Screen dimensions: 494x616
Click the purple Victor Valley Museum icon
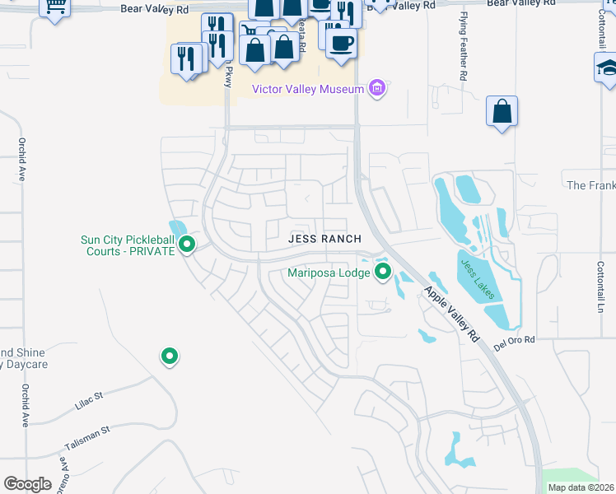(x=378, y=87)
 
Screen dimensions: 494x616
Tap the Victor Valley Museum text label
(x=308, y=89)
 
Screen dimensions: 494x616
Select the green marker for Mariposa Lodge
(x=383, y=271)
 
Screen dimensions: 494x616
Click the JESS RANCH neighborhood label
(x=324, y=239)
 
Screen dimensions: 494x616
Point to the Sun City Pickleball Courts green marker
(x=187, y=245)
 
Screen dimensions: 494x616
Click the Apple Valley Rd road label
(x=452, y=314)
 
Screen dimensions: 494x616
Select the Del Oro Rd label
(x=515, y=340)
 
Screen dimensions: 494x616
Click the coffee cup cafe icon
(x=342, y=43)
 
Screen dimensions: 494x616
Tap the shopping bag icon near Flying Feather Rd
(x=502, y=111)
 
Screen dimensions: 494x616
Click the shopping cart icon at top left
(x=55, y=7)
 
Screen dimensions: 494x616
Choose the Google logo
(x=27, y=484)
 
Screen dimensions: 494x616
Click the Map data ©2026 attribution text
(x=581, y=487)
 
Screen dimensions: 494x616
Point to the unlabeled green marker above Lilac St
(x=170, y=357)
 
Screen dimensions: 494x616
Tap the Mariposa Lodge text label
(x=329, y=273)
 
